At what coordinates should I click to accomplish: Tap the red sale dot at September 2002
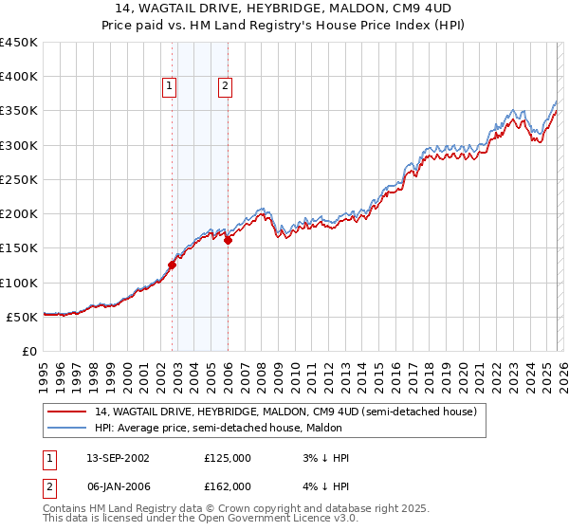[x=172, y=265]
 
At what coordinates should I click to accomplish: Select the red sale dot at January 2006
[x=228, y=240]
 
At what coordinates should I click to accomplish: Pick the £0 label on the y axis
[x=28, y=351]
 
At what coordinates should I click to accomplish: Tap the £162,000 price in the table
[x=228, y=486]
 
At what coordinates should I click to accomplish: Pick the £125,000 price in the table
[x=228, y=458]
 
